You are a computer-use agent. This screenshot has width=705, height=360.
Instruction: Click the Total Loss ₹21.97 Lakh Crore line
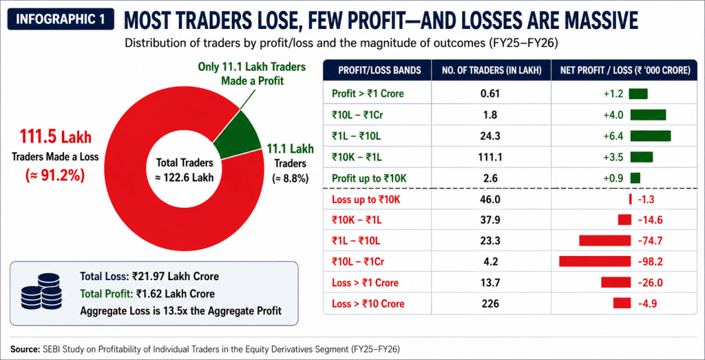[149, 276]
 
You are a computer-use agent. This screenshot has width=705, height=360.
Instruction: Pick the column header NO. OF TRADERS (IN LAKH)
[491, 70]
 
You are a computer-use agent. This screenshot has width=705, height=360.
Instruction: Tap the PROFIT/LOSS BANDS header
[377, 70]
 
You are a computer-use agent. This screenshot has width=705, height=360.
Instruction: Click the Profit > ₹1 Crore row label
[368, 94]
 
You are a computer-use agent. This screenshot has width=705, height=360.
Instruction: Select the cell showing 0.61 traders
[491, 94]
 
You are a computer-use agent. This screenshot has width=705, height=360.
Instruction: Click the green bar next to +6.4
[650, 136]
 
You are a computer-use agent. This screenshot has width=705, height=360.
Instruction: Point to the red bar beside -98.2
[594, 261]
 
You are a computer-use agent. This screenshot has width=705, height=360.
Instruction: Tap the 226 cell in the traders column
[491, 304]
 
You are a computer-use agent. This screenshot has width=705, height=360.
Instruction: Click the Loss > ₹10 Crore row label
[368, 304]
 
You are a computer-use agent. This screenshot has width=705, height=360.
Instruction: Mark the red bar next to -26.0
[615, 282]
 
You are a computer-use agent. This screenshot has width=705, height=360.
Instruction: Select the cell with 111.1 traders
[491, 157]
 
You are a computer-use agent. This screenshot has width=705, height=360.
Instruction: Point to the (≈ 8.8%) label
[291, 178]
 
